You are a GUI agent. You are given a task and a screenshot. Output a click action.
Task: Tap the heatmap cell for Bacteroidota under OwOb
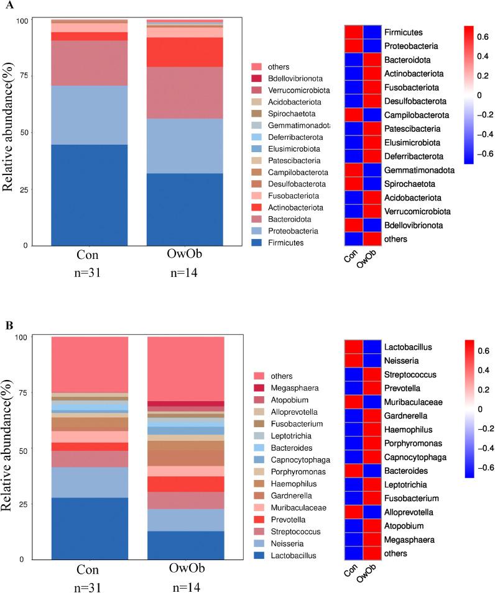tap(370, 60)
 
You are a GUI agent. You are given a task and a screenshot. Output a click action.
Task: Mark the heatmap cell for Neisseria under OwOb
tap(370, 361)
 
